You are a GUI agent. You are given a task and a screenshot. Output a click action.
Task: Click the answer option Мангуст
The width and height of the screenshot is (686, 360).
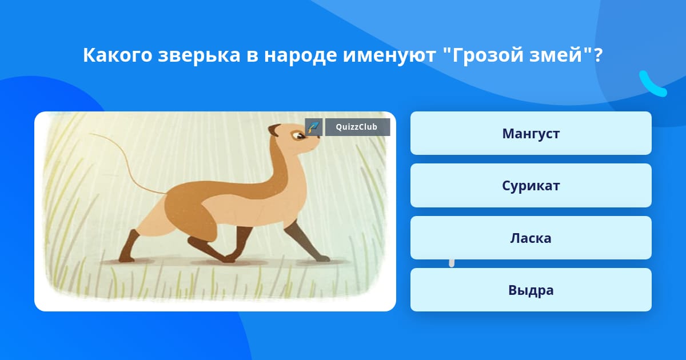click(531, 133)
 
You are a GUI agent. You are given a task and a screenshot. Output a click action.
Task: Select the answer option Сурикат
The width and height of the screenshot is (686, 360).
click(531, 186)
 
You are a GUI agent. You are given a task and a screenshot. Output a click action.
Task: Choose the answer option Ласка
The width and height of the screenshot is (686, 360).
click(531, 238)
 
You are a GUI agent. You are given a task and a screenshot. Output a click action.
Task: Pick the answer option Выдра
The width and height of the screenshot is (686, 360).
click(531, 290)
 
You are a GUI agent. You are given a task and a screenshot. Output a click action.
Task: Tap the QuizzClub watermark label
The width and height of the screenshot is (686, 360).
click(357, 127)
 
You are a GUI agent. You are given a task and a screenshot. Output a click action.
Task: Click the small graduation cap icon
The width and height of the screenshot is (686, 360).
click(314, 127)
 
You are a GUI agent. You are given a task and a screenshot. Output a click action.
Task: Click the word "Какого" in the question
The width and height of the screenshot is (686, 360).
click(118, 55)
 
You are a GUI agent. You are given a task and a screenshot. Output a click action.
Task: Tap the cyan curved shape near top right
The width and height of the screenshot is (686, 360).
click(652, 85)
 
